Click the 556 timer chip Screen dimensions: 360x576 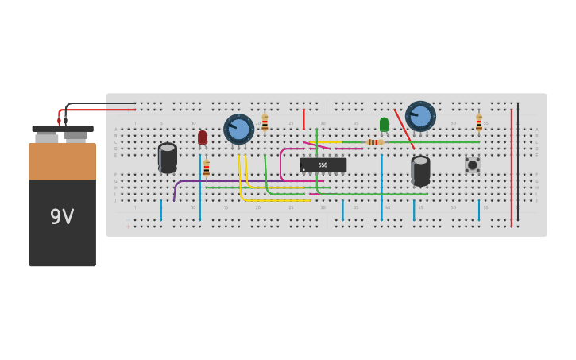(x=323, y=165)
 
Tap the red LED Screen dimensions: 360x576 (x=203, y=137)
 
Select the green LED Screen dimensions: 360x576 (x=384, y=125)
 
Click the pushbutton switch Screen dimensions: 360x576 (x=472, y=165)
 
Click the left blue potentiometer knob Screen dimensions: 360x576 (x=238, y=129)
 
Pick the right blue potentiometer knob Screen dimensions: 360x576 (x=420, y=116)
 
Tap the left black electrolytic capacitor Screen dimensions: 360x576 (x=168, y=157)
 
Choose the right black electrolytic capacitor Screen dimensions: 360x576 (x=420, y=170)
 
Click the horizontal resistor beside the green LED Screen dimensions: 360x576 (x=375, y=142)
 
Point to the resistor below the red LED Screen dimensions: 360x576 (x=207, y=168)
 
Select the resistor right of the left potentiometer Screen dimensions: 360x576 (x=265, y=123)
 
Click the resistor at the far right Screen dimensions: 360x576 (x=479, y=122)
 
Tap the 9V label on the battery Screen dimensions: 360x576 (x=62, y=216)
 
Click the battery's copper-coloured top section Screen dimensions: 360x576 (x=62, y=161)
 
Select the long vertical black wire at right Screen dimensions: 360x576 (x=518, y=159)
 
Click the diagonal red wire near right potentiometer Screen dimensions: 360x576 (x=404, y=129)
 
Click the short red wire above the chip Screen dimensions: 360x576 (x=303, y=119)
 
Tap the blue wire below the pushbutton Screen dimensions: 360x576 (x=478, y=210)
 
